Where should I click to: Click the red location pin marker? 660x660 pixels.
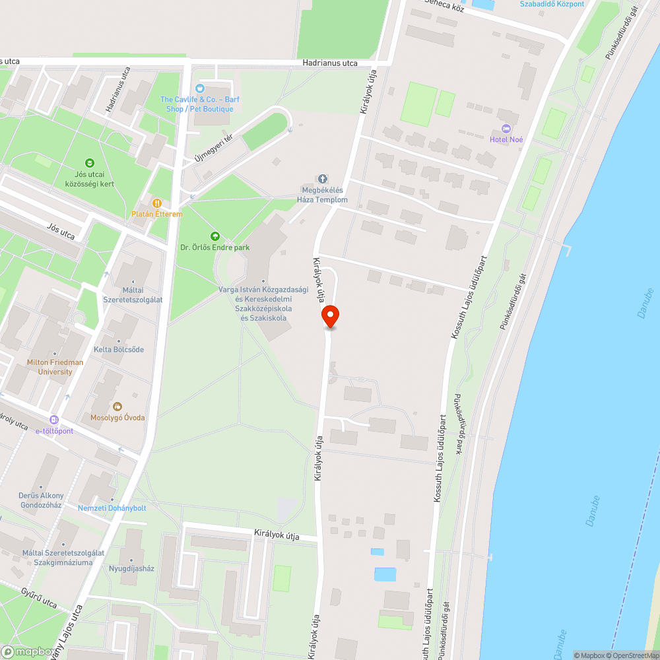[x=331, y=317]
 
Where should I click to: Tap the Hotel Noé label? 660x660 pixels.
[x=506, y=139]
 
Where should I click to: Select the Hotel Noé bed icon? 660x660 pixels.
[x=506, y=128]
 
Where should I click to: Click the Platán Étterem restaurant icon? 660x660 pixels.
[x=157, y=203]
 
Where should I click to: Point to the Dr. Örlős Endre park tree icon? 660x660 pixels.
[x=214, y=236]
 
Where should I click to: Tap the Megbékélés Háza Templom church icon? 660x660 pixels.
[x=323, y=179]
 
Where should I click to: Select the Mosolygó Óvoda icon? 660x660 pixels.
[x=117, y=407]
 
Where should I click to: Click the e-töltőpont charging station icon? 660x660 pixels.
[x=54, y=419]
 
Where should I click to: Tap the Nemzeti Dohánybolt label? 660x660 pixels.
[x=112, y=508]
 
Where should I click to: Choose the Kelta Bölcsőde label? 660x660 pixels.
[x=119, y=349]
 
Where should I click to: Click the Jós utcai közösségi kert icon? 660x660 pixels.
[x=89, y=162]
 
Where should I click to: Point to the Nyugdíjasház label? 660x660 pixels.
[x=131, y=568]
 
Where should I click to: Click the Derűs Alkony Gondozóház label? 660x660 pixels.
[x=41, y=500]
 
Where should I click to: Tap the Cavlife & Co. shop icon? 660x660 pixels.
[x=200, y=88]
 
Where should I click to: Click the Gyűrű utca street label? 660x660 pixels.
[x=38, y=598]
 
